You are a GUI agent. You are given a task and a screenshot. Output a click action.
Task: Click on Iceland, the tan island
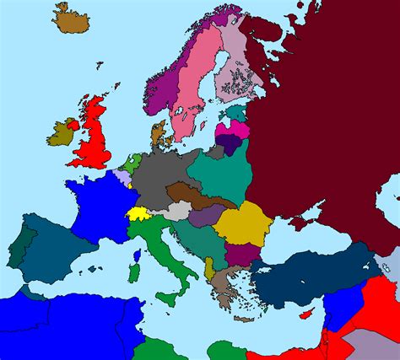coord(73,19)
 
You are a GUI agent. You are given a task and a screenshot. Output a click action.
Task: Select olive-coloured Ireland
coord(60,133)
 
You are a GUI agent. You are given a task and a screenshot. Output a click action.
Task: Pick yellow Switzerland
coord(139,212)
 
